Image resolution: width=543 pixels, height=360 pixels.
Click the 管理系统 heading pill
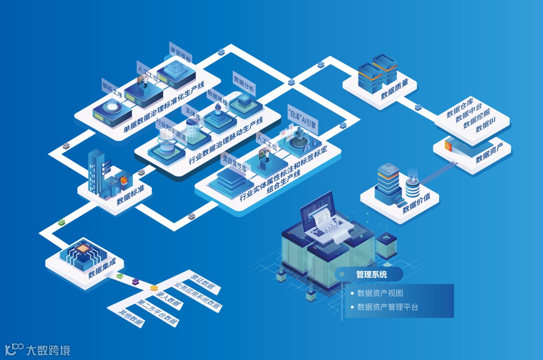pyautogui.click(x=372, y=275)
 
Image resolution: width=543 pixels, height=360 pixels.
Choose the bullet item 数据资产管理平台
pyautogui.click(x=387, y=307)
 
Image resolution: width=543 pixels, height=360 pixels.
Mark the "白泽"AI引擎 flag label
pyautogui.click(x=301, y=117)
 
